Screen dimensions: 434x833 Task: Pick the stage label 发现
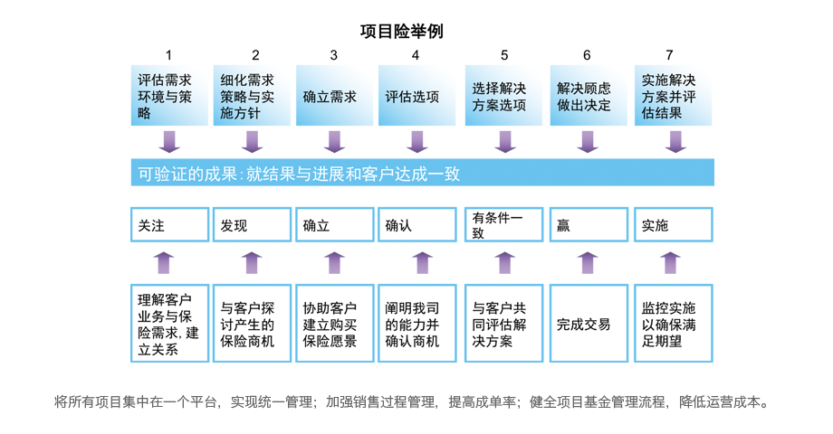[x=252, y=225]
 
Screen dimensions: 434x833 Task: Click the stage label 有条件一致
[x=502, y=225]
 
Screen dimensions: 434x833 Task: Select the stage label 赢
[x=588, y=225]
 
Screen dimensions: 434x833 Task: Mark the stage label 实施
[x=671, y=225]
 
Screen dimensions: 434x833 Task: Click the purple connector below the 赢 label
[x=588, y=262]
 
